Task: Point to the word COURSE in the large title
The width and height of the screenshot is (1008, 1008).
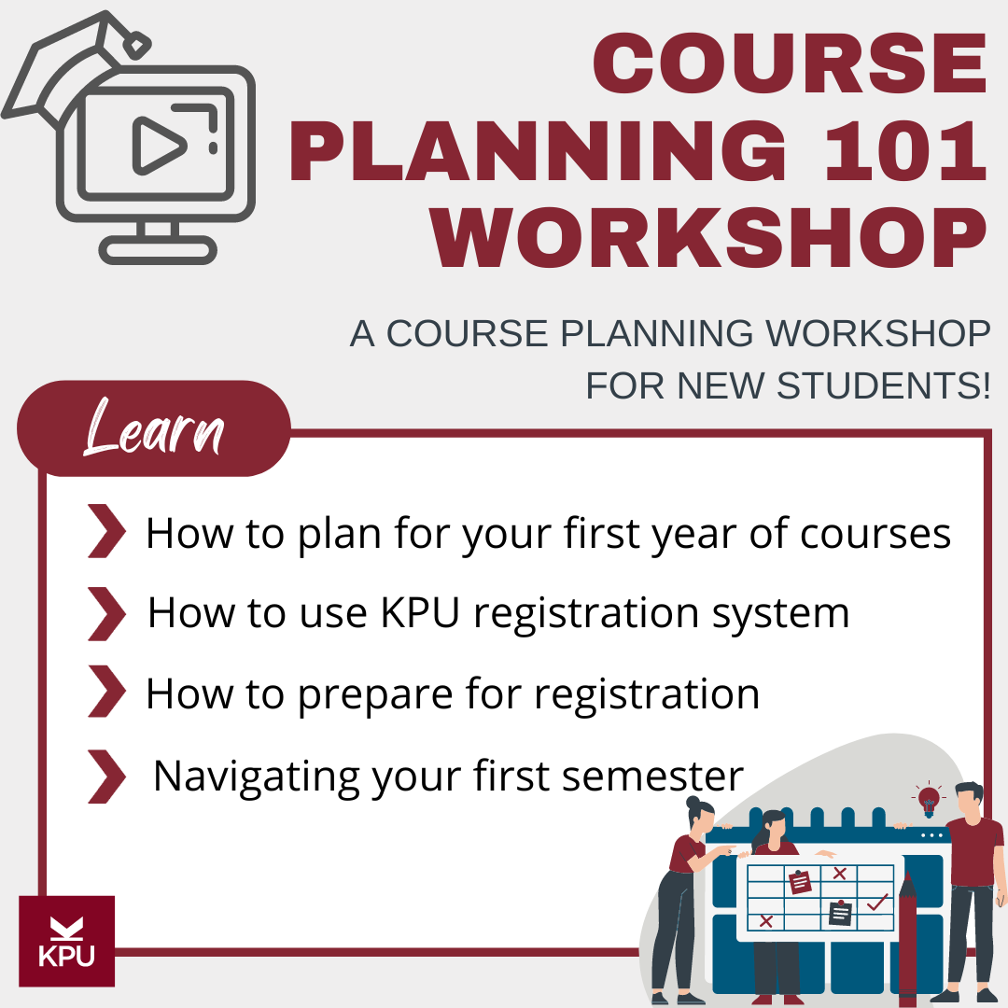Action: coord(790,64)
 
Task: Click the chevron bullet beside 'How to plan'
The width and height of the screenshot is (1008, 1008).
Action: coord(106,532)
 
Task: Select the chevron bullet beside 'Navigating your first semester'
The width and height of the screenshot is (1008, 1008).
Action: coord(106,776)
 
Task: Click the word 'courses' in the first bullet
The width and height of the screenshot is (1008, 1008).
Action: coord(875,533)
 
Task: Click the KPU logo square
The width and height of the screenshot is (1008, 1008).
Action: coord(66,941)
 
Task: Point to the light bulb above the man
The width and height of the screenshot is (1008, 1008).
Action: coord(929,799)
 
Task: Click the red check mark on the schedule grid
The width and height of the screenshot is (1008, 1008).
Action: coord(876,903)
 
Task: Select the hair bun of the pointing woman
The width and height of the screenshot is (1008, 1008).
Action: coord(693,802)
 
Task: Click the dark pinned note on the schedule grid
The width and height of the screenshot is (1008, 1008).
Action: coord(840,912)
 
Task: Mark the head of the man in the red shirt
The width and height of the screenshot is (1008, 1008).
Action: coord(969,800)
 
